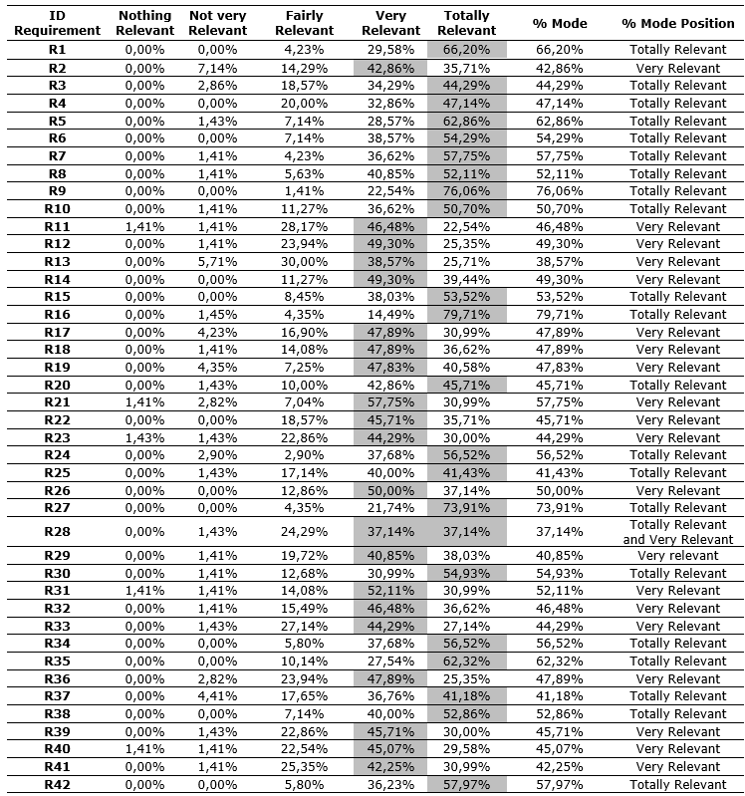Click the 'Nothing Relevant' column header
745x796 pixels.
click(144, 23)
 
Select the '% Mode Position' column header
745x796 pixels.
click(677, 23)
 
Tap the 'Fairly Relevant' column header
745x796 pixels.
click(304, 23)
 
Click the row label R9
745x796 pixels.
click(57, 191)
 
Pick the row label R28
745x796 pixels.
click(57, 532)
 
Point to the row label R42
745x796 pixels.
click(57, 785)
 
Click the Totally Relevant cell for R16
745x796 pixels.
click(467, 315)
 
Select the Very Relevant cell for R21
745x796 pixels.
click(390, 402)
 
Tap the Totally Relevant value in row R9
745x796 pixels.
click(467, 191)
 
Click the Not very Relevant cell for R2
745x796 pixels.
click(217, 68)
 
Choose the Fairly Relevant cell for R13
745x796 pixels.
click(304, 262)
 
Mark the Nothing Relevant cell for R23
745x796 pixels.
click(144, 437)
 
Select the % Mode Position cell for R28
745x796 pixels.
click(677, 532)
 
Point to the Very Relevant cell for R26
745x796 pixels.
click(390, 490)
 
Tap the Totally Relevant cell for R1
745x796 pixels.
click(467, 50)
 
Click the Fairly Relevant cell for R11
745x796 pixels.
click(304, 227)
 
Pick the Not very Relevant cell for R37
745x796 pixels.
click(217, 696)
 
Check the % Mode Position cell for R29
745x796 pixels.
click(677, 556)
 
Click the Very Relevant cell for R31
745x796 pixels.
click(390, 591)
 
